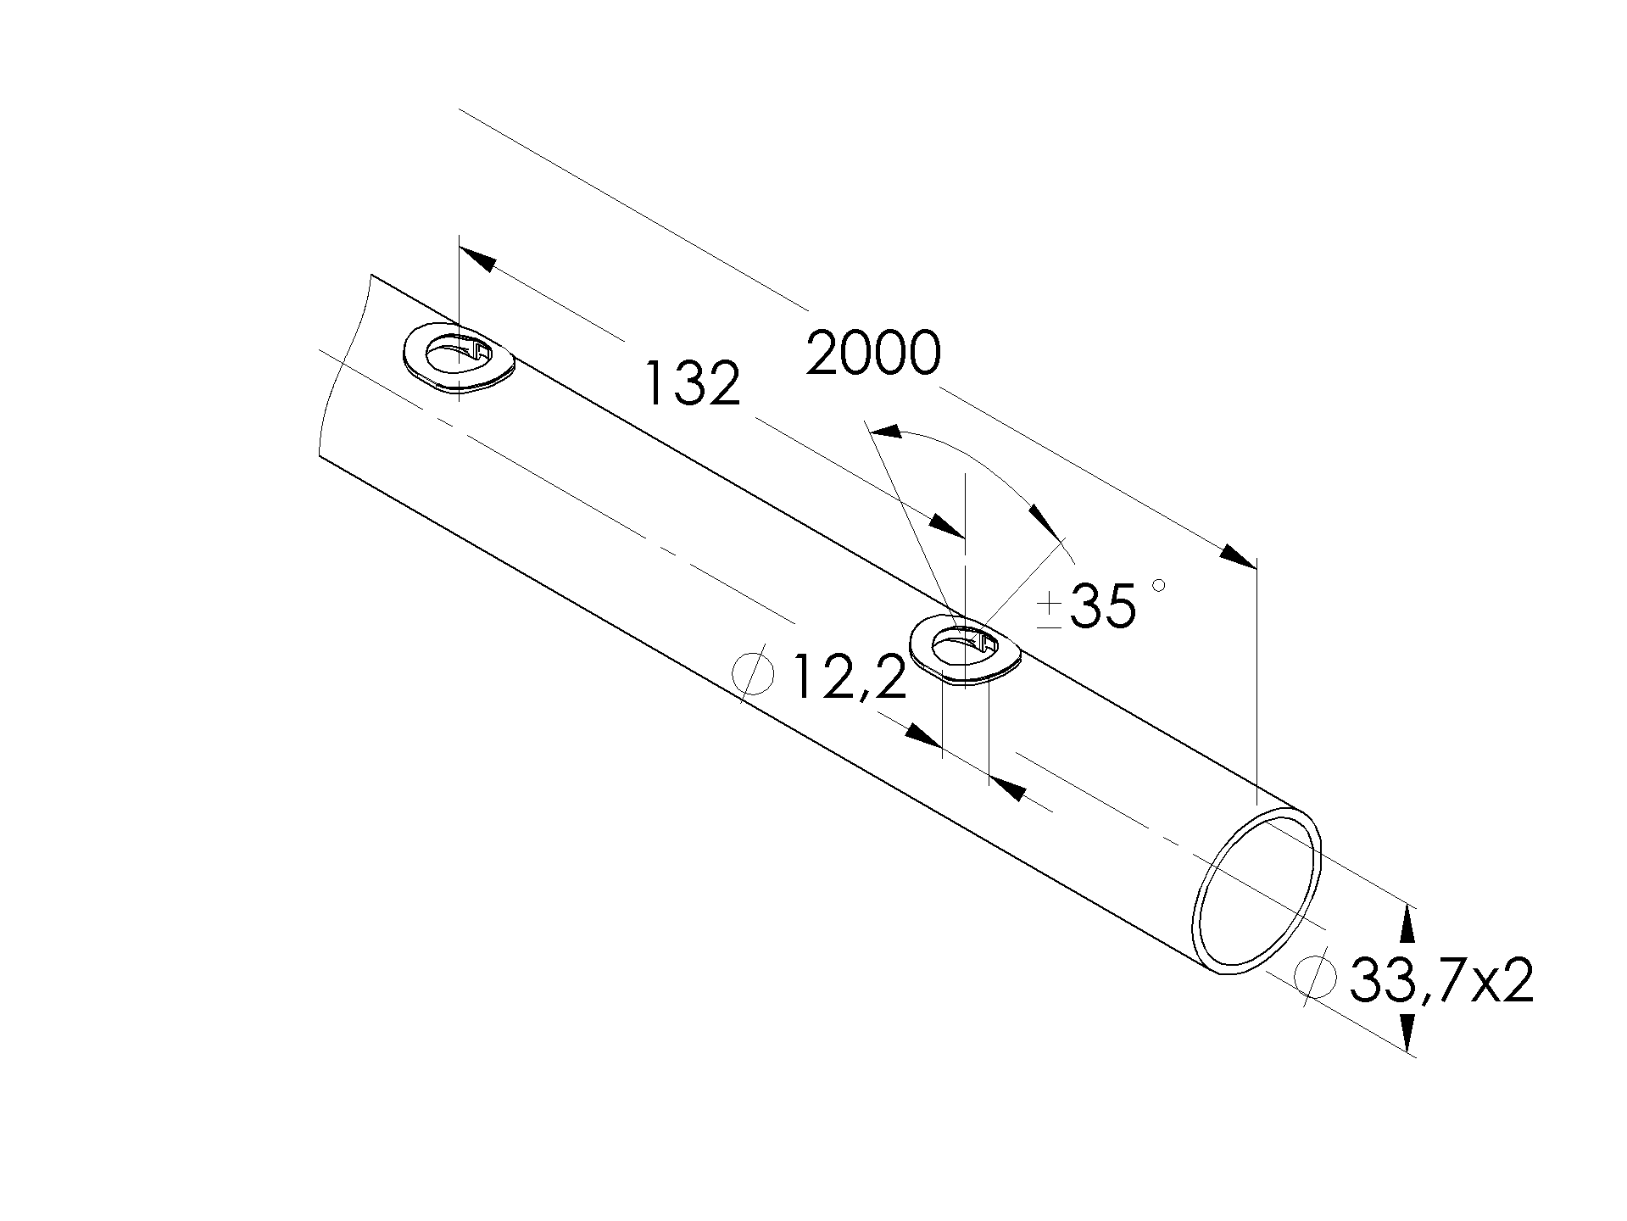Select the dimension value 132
693,383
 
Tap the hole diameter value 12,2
850,677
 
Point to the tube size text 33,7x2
1441,980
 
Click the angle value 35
1102,605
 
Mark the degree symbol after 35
1159,585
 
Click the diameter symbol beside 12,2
753,676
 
